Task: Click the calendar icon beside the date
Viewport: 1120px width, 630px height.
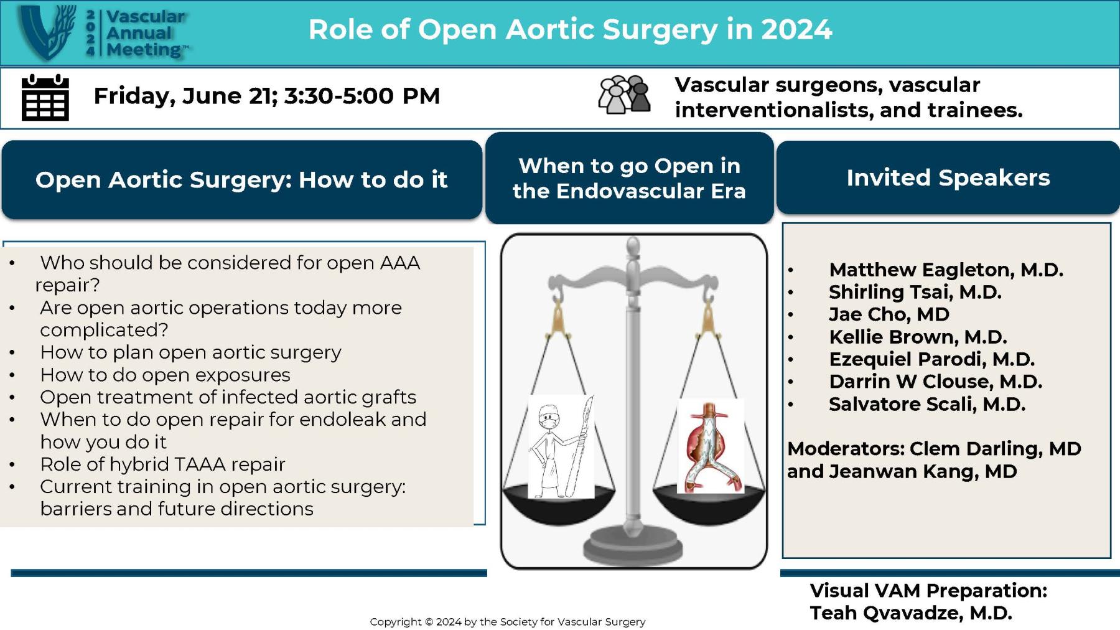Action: point(45,98)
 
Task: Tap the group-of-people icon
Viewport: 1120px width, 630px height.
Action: point(624,95)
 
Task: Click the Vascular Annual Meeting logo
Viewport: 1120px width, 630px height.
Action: point(103,32)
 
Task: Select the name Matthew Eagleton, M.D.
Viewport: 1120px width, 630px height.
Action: point(945,270)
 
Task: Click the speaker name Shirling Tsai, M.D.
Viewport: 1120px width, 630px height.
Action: point(915,292)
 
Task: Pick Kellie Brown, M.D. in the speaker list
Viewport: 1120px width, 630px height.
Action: point(917,337)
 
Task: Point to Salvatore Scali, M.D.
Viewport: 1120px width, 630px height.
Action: point(926,404)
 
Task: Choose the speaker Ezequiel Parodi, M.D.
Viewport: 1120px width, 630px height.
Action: point(931,359)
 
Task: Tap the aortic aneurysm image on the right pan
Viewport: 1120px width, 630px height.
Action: point(711,447)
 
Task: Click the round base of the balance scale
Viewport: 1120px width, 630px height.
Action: point(633,547)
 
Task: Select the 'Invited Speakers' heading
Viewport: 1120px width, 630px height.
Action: point(948,178)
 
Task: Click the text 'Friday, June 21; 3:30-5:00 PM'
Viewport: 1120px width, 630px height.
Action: point(266,96)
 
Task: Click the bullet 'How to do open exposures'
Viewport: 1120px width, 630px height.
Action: point(165,375)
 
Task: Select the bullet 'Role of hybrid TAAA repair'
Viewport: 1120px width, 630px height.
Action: point(162,464)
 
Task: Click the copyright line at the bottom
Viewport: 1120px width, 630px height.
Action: point(507,621)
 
